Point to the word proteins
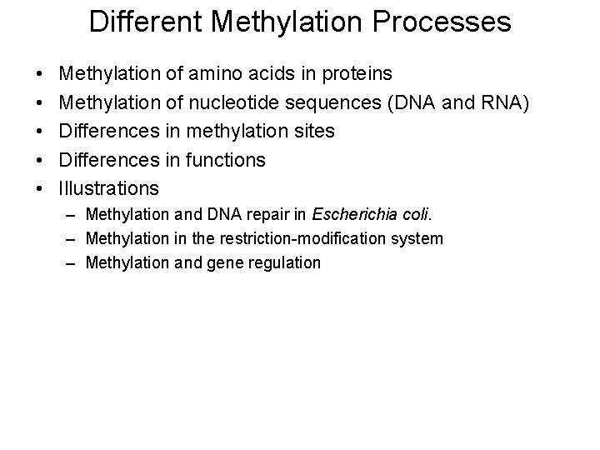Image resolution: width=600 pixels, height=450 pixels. coord(351,75)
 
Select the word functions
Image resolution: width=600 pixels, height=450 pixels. coord(224,160)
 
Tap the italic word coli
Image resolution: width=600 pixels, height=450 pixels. coord(415,216)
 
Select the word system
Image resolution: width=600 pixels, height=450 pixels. coord(419,239)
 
